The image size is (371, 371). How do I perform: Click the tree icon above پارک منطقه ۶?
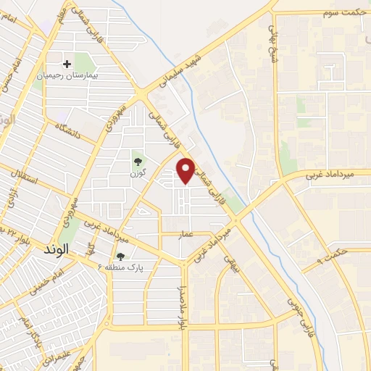120,256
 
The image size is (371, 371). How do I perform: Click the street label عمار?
167,235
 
